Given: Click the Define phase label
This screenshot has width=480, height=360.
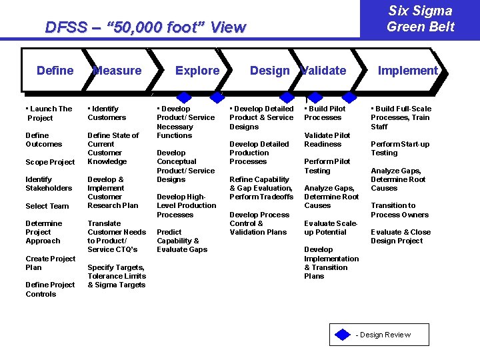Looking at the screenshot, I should pos(55,71).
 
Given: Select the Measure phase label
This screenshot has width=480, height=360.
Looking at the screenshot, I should pos(117,71).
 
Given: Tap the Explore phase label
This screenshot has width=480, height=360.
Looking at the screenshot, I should pos(197,71).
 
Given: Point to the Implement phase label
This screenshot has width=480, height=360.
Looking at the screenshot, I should pos(407,71).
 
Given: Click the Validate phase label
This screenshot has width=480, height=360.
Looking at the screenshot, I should pos(324,71).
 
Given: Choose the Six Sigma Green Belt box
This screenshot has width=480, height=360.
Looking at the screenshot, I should pos(420,19).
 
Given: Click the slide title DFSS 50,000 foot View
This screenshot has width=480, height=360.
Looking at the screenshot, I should pos(145,28).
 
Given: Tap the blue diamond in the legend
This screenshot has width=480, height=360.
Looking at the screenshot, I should pos(343,335).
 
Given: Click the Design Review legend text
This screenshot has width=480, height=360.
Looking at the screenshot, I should pos(383,335).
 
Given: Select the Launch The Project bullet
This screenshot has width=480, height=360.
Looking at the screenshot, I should pos(49,113).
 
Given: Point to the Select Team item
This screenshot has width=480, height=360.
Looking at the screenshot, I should pos(47,206).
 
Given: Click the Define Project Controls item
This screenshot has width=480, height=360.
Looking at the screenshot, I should pos(50,289).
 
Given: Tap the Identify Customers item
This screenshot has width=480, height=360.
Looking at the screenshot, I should pos(107,113).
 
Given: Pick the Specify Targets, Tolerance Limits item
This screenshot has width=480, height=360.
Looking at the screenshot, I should pos(116,276).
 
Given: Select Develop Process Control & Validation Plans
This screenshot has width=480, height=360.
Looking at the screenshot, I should pos(259,223).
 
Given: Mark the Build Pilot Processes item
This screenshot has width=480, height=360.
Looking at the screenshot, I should pos(325,113).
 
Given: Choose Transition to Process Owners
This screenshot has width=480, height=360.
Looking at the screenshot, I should pos(399,210).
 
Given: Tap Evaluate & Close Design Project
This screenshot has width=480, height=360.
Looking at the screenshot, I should pos(401,237).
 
